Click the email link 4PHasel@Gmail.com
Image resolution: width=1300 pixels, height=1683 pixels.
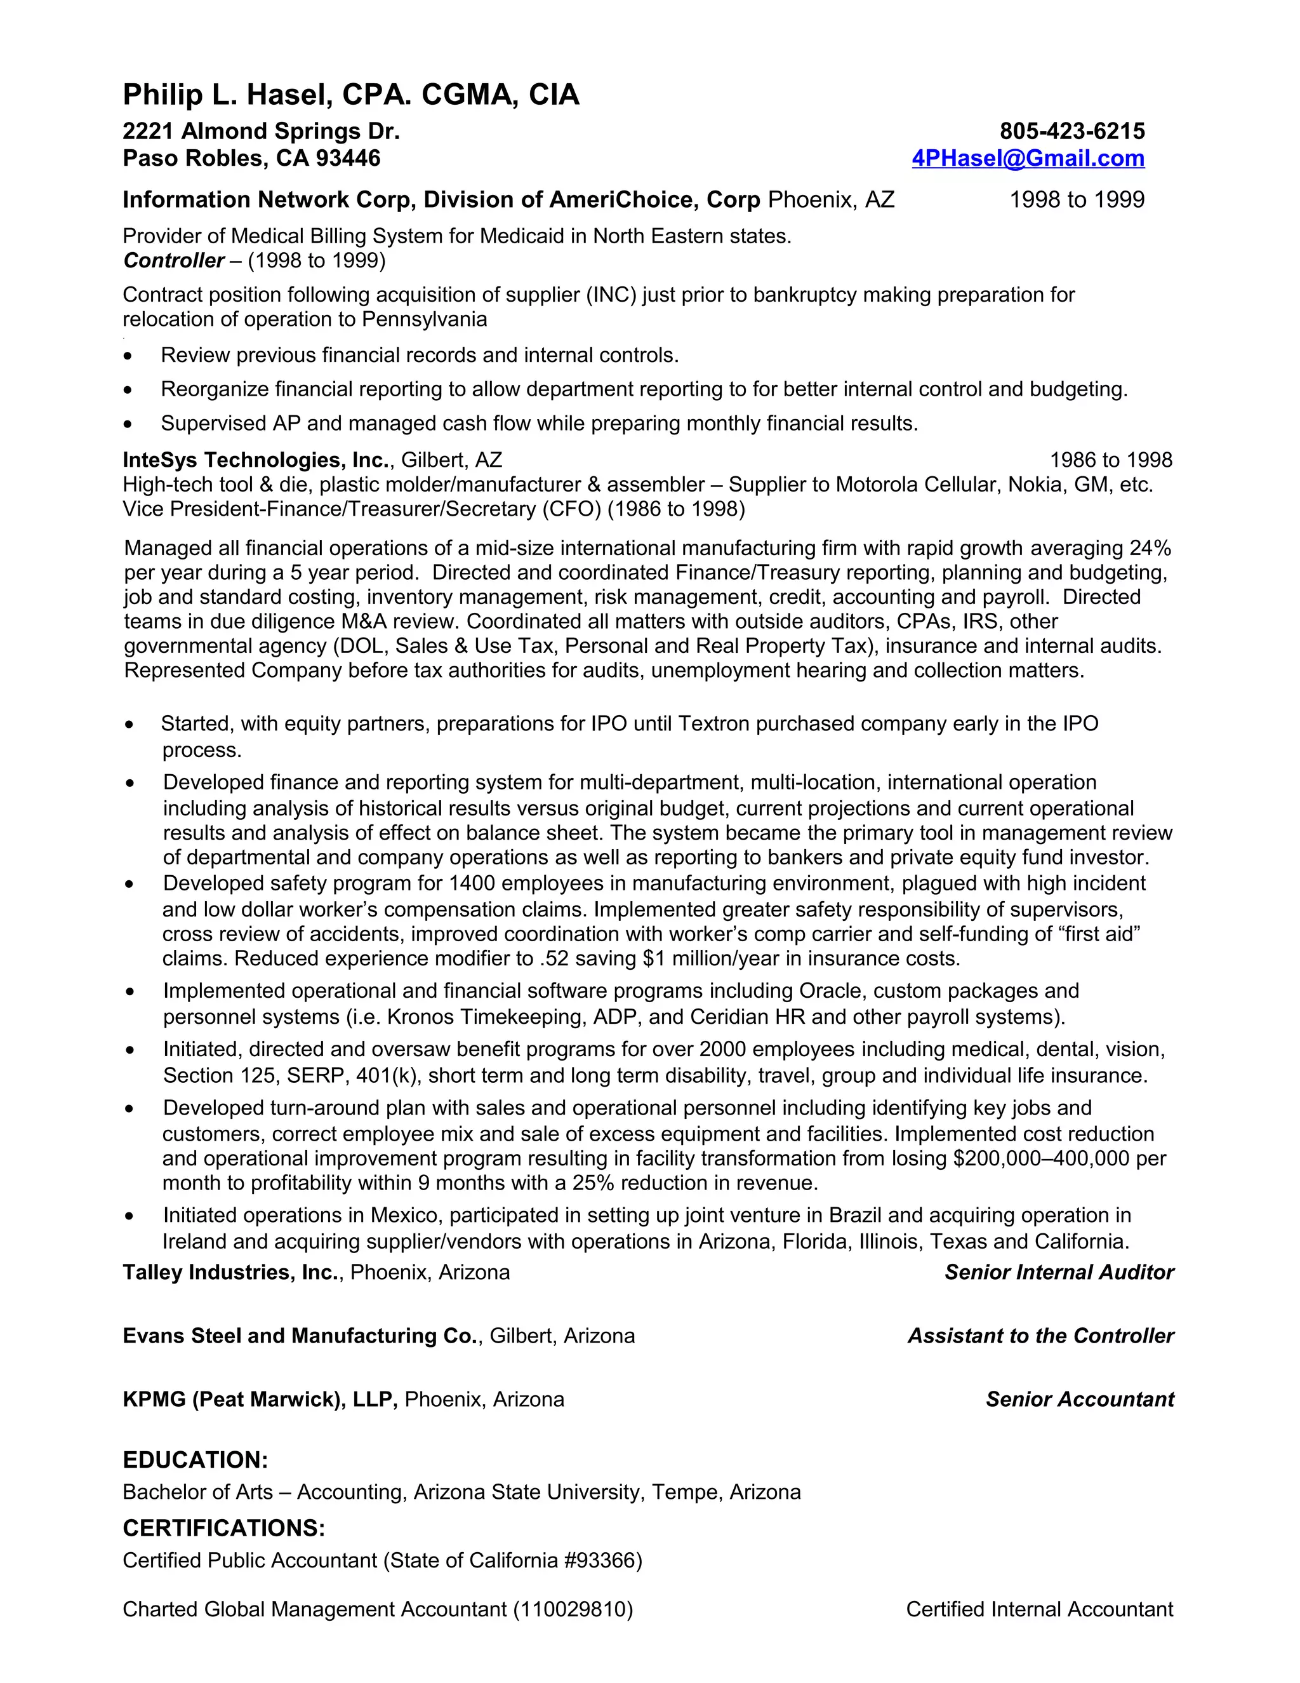(x=1028, y=158)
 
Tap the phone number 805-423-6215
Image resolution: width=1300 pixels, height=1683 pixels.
(x=1071, y=131)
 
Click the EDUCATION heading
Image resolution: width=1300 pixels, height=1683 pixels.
(x=195, y=1459)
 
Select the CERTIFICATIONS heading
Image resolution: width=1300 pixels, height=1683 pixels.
(x=223, y=1527)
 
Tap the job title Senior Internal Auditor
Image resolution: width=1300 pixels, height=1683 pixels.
(x=1058, y=1272)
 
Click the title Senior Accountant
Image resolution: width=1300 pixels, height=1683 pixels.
(x=1079, y=1398)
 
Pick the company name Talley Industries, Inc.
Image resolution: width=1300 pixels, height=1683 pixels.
(x=231, y=1272)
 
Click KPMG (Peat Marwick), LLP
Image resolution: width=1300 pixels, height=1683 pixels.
(x=260, y=1398)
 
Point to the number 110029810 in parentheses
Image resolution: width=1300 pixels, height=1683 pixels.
(x=573, y=1609)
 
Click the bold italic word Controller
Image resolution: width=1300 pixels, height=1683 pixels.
(x=173, y=260)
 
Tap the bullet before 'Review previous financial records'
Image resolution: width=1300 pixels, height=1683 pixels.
(x=128, y=356)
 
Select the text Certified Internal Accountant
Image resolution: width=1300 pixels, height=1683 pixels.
(x=1039, y=1609)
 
